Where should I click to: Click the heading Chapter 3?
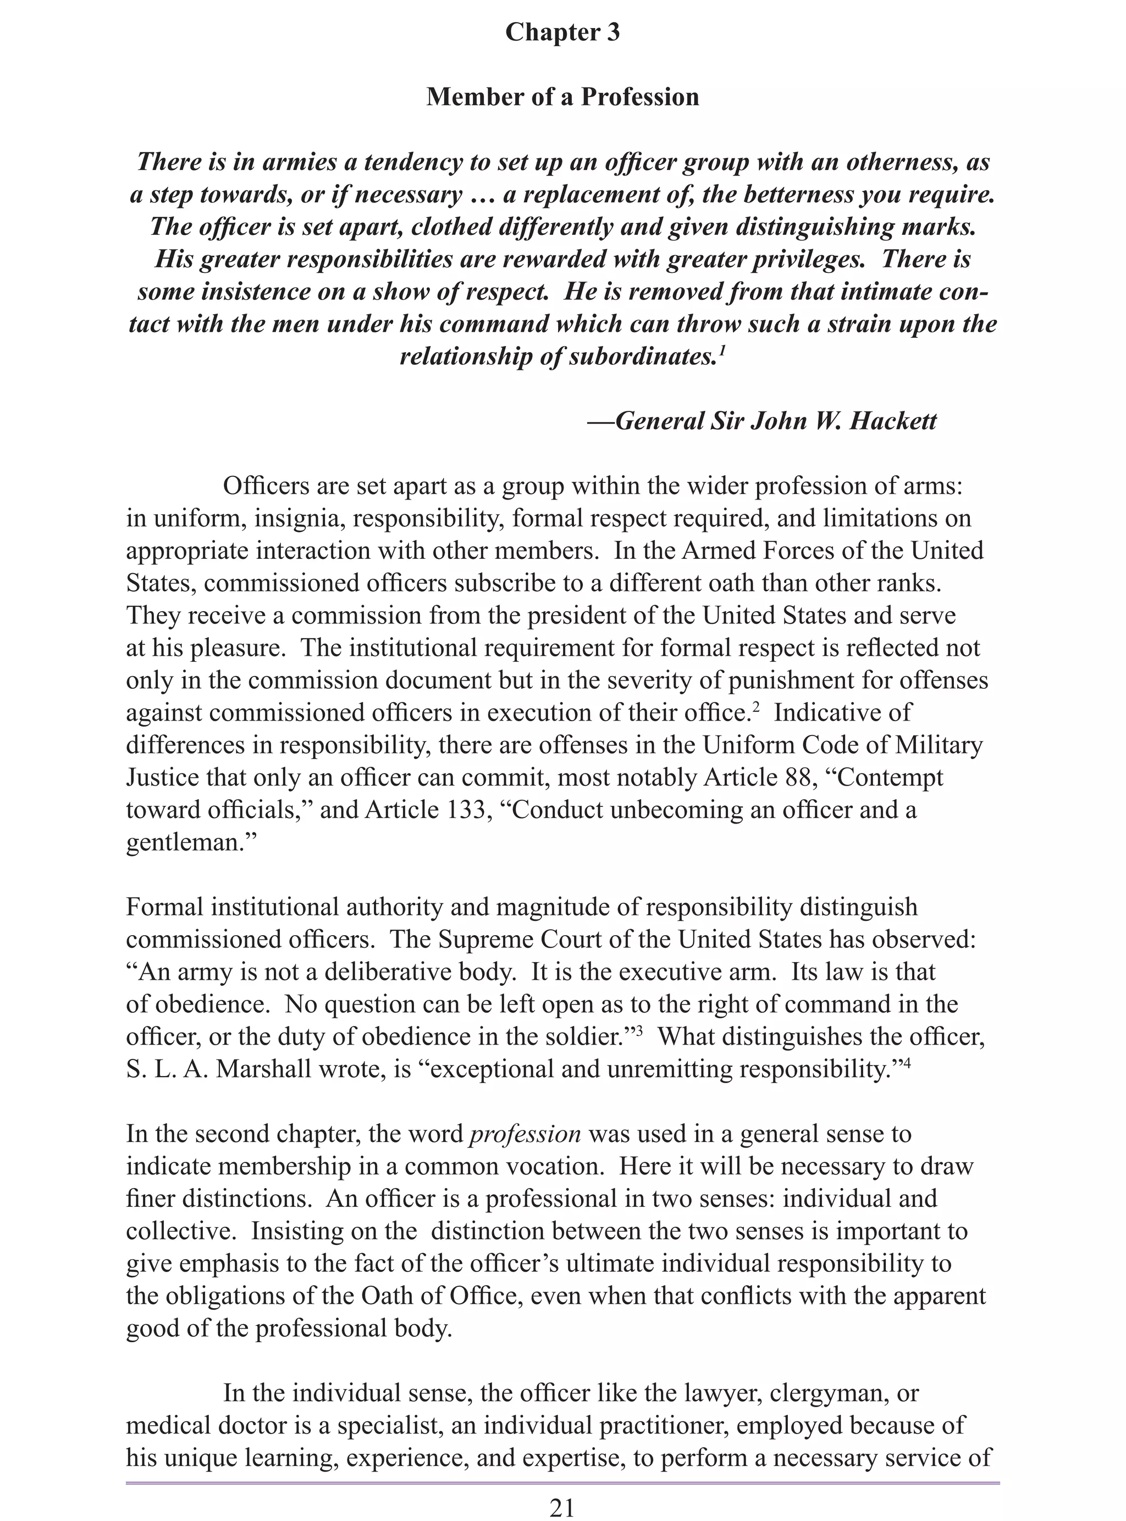click(562, 32)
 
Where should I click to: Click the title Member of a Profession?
click(562, 97)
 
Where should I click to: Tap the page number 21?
click(562, 1507)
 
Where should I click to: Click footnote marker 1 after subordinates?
click(721, 350)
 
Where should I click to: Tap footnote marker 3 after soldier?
click(639, 1030)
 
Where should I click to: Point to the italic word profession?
click(526, 1134)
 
